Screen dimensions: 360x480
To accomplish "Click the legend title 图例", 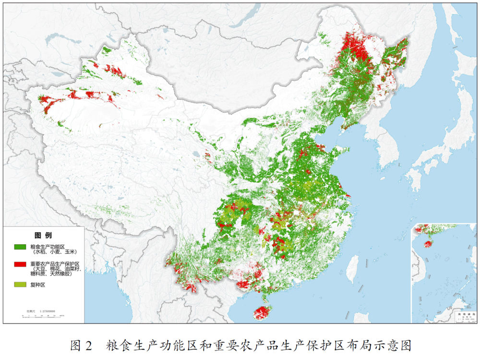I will [43, 236].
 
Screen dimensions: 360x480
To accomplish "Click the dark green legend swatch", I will [20, 247].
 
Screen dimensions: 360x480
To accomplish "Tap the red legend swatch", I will [20, 264].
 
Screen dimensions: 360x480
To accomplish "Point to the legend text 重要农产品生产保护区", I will [54, 264].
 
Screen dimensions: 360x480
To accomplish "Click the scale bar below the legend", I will [43, 316].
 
